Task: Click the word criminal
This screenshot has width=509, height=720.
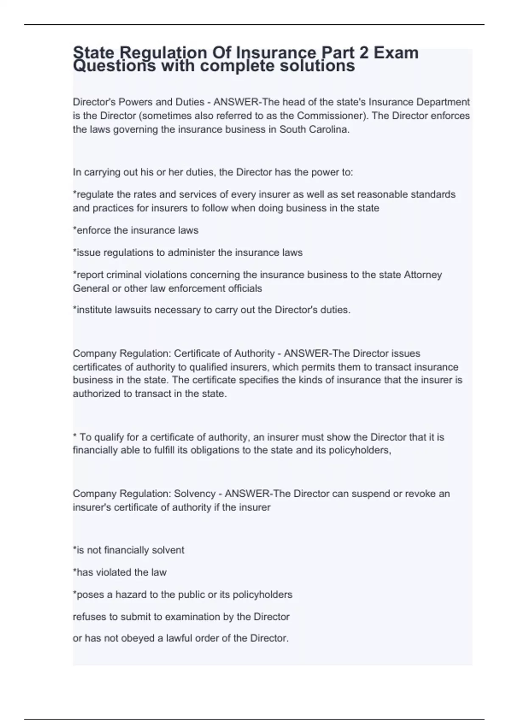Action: point(124,275)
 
